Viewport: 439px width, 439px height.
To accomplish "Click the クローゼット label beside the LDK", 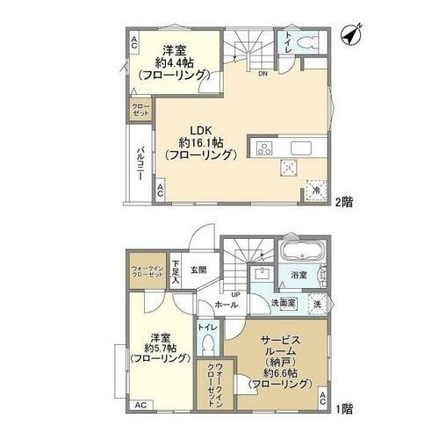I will coord(141,111).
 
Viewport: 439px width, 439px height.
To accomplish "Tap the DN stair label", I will coord(263,74).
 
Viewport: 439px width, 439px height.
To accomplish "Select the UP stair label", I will coord(236,293).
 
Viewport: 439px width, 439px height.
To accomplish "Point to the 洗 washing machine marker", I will coord(317,305).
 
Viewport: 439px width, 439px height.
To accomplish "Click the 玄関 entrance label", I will coord(198,270).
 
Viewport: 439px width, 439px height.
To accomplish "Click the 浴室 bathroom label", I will coord(299,276).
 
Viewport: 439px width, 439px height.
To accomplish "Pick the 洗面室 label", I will coord(284,303).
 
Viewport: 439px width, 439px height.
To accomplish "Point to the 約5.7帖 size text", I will coord(160,348).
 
